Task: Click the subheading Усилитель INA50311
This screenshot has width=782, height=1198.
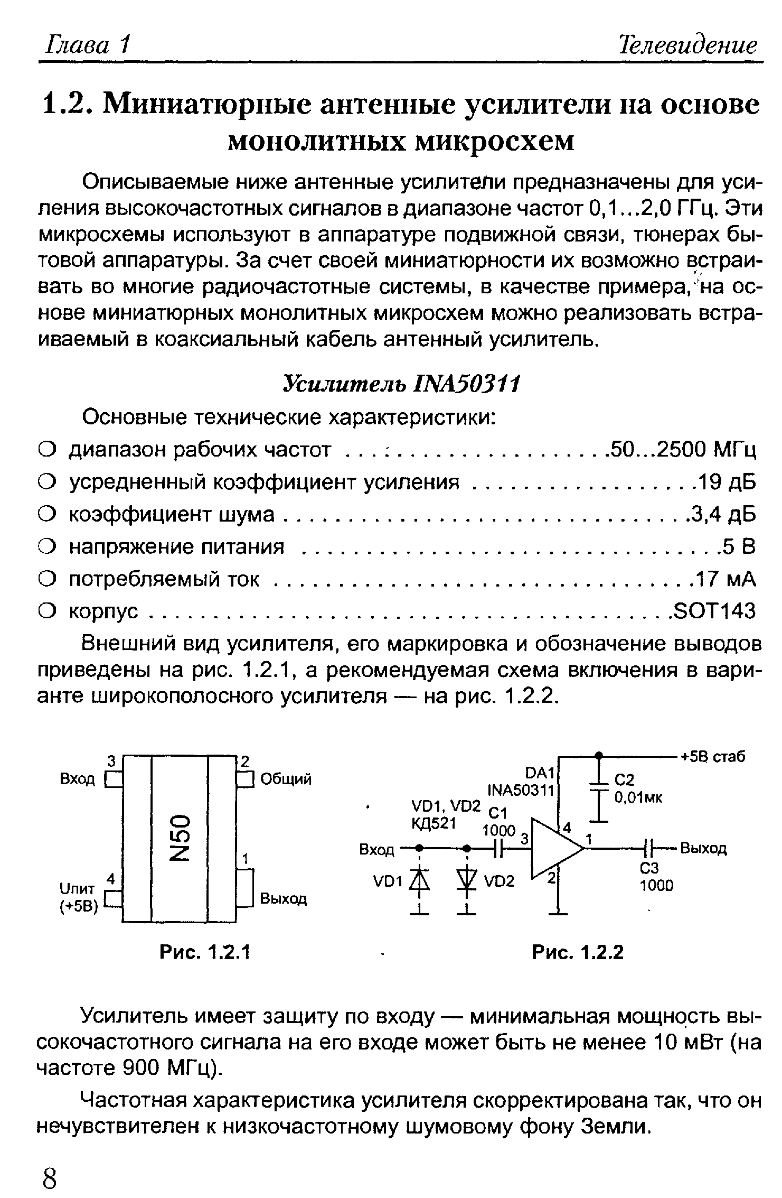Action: [402, 384]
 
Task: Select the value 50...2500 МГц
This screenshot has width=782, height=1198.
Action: [682, 450]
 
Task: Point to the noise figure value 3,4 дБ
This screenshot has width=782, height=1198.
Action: [722, 514]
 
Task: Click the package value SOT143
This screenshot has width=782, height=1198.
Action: [714, 611]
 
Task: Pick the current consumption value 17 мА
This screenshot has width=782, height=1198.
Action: [726, 579]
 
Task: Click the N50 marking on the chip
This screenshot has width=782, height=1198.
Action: [180, 839]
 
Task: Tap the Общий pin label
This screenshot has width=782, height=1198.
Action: [286, 779]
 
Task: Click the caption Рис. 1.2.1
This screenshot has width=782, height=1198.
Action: [205, 952]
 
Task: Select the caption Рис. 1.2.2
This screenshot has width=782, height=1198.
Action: [578, 952]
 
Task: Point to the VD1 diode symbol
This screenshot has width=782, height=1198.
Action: [419, 881]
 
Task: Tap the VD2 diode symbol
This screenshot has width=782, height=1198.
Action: [466, 881]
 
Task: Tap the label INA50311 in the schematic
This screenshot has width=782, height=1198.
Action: [520, 791]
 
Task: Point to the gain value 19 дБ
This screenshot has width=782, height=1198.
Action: [727, 482]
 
